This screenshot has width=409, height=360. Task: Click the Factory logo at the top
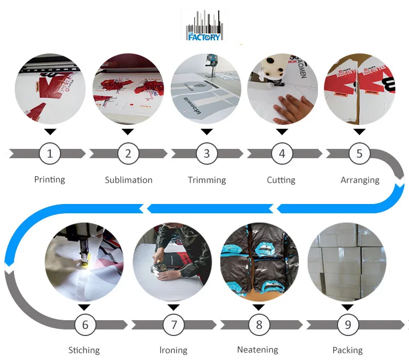pyautogui.click(x=204, y=27)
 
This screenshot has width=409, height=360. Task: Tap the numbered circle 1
pyautogui.click(x=50, y=154)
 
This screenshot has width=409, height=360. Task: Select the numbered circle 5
pyautogui.click(x=359, y=154)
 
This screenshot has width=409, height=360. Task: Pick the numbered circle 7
pyautogui.click(x=174, y=325)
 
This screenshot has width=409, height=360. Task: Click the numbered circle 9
pyautogui.click(x=348, y=325)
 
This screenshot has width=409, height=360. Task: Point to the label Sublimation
pyautogui.click(x=129, y=180)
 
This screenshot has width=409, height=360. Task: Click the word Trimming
pyautogui.click(x=207, y=180)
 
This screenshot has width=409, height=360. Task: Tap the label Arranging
pyautogui.click(x=360, y=180)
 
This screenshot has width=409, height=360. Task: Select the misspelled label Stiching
pyautogui.click(x=84, y=350)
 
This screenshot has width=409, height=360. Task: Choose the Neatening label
pyautogui.click(x=258, y=350)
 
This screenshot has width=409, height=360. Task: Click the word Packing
pyautogui.click(x=347, y=350)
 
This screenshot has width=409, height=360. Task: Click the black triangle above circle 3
pyautogui.click(x=207, y=131)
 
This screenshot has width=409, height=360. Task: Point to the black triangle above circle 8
pyautogui.click(x=258, y=308)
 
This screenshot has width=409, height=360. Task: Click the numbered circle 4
pyautogui.click(x=282, y=154)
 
